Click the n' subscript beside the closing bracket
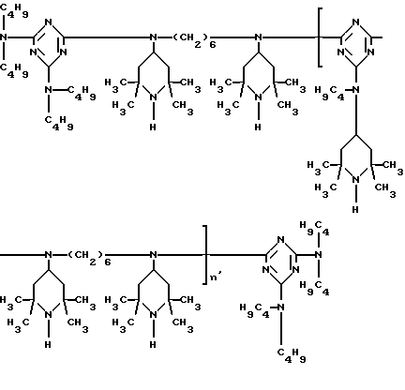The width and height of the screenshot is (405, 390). click(216, 277)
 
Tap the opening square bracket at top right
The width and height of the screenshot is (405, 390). click(320, 37)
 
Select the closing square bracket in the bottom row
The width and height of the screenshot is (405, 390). click(205, 255)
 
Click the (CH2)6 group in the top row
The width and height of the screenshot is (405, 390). click(194, 39)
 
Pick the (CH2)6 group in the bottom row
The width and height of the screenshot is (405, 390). click(89, 257)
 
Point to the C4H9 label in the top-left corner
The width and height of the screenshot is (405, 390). click(14, 10)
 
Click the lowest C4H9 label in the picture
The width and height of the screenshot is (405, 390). click(292, 355)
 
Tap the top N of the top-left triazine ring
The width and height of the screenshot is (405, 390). click(49, 22)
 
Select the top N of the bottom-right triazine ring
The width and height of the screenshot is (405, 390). click(281, 239)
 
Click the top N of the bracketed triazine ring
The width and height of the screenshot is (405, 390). click(356, 22)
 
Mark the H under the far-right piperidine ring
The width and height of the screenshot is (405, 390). click(355, 210)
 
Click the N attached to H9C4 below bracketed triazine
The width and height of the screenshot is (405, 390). click(356, 90)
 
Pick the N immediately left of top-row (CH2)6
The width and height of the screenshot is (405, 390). click(154, 37)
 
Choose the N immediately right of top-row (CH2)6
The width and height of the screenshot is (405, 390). click(259, 37)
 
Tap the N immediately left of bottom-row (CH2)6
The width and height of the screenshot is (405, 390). click(49, 255)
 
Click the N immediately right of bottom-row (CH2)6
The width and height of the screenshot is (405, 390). click(154, 255)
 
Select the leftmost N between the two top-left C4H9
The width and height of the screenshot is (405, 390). click(4, 37)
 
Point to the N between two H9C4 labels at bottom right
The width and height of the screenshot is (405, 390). click(319, 255)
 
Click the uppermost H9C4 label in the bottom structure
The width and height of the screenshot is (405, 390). click(314, 228)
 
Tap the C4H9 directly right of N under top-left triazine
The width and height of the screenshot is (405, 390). click(82, 93)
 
